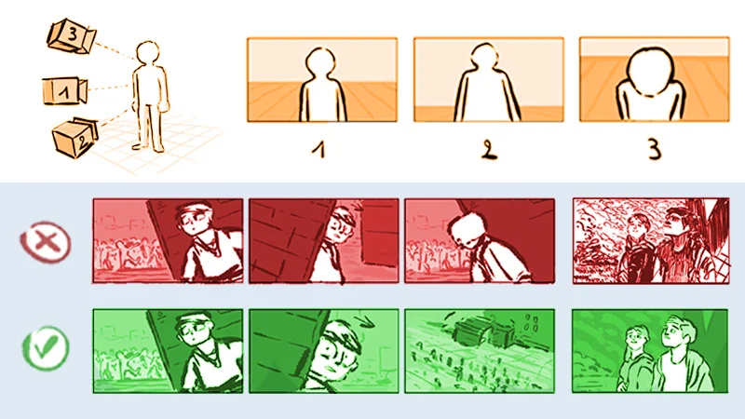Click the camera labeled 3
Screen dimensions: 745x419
click(x=72, y=36)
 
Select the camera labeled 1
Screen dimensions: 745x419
click(x=64, y=90)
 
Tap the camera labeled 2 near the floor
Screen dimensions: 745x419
click(x=74, y=137)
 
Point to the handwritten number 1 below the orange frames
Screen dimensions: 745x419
click(x=319, y=150)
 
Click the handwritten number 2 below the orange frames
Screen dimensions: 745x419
click(x=488, y=149)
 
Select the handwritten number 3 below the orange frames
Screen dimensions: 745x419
click(x=655, y=149)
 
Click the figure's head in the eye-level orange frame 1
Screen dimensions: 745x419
click(x=320, y=63)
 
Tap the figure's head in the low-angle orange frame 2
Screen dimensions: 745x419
click(x=484, y=57)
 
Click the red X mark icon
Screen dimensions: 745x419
click(x=46, y=242)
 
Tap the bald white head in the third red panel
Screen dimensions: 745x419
click(x=465, y=228)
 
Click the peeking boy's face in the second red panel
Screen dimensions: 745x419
click(x=341, y=226)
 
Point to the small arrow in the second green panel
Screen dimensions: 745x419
click(x=366, y=322)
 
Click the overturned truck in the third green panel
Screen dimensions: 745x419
click(x=481, y=333)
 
